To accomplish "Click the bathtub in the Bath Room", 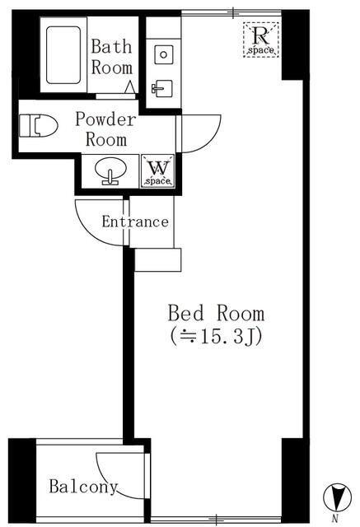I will (x=63, y=55).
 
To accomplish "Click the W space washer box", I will (x=157, y=171).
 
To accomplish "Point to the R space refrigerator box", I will (x=261, y=40).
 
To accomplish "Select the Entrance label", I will (x=135, y=222).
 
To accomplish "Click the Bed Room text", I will (x=216, y=313).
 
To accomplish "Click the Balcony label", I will (x=82, y=486).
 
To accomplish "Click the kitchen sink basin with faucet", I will (x=161, y=87).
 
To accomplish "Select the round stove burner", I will (x=163, y=54).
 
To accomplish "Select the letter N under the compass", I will (x=334, y=519).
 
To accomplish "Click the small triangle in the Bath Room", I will (x=130, y=86).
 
